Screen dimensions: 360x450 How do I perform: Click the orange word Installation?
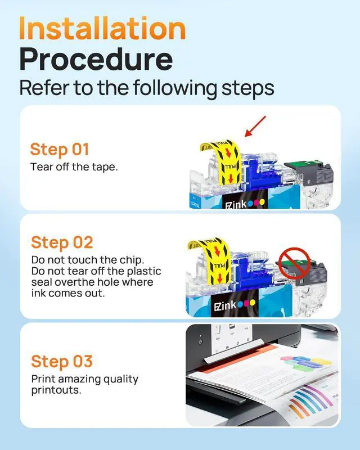pos(102,28)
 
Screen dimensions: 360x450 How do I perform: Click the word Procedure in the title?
pos(96,59)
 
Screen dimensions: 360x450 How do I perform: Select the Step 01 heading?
pos(60,149)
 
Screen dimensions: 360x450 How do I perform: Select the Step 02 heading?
pos(62,242)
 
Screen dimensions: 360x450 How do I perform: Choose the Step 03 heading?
pos(62,361)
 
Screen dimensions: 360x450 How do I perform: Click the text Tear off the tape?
pos(74,166)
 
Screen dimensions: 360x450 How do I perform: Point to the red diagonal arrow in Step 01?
pos(255,126)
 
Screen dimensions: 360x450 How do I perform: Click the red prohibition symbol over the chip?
pos(295,263)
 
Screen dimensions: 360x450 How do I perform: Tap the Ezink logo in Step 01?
pos(245,204)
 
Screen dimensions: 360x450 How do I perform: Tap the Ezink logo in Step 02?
pos(235,305)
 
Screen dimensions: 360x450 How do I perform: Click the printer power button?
pos(200,341)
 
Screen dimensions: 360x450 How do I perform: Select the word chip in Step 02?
pos(133,260)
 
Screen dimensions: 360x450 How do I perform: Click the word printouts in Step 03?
pos(56,390)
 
